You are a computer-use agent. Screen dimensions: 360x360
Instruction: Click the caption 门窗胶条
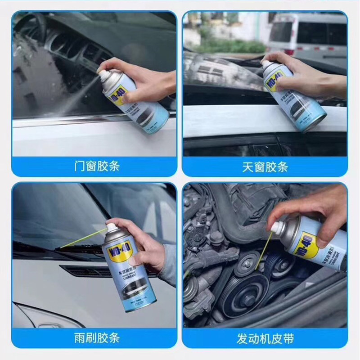point(96,166)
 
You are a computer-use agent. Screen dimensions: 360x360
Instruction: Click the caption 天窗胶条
point(265,166)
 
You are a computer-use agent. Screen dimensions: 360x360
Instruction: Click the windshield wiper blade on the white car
point(40,247)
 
